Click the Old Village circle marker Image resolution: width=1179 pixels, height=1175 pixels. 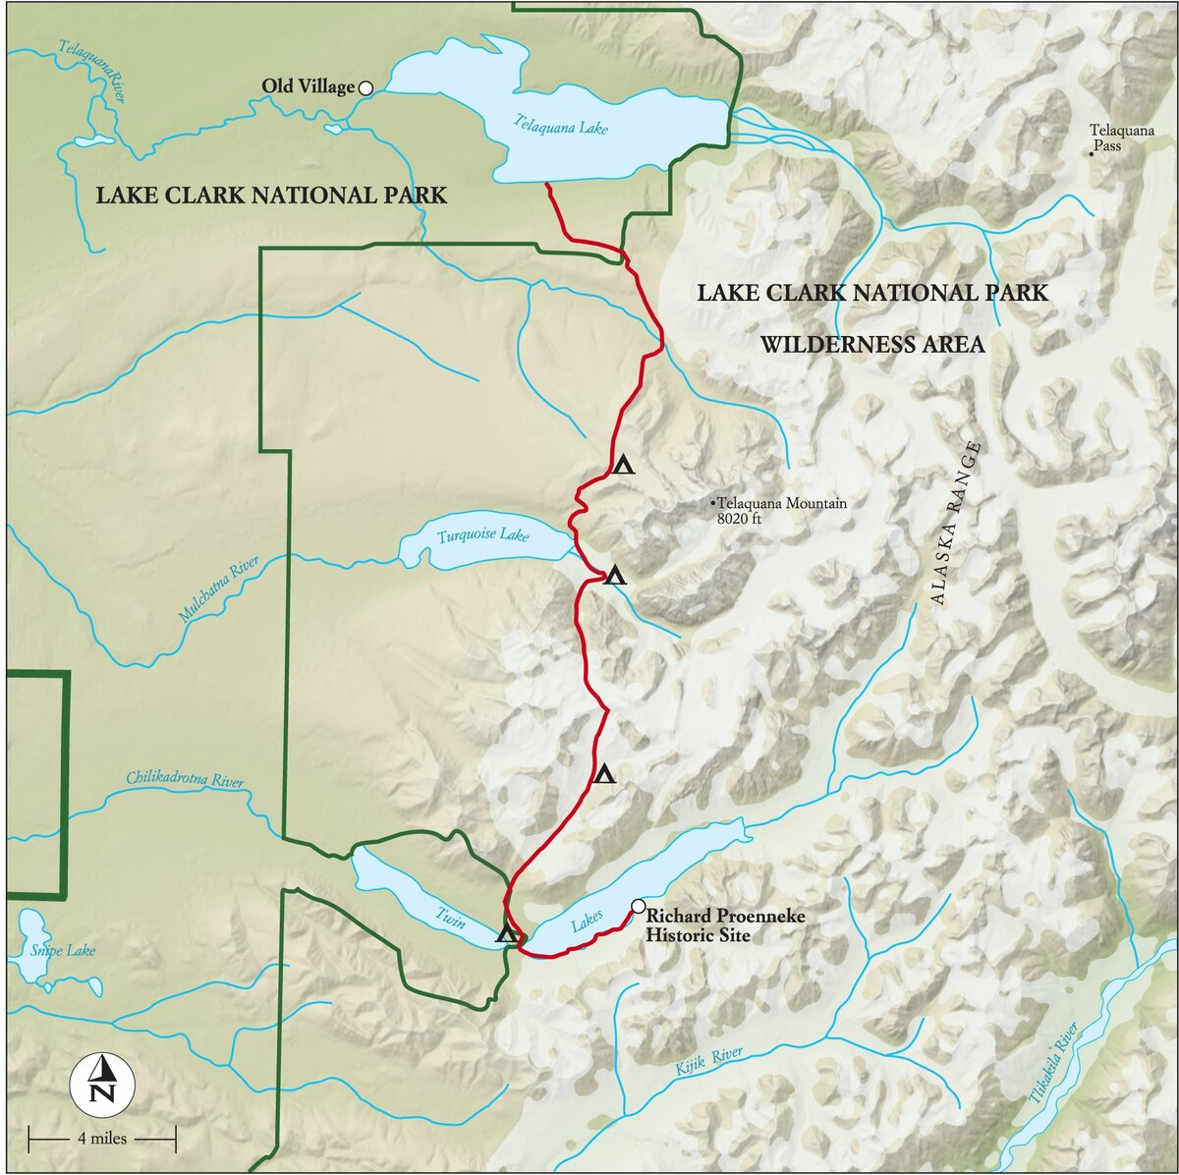pyautogui.click(x=365, y=88)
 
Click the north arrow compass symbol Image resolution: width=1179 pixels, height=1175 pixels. pyautogui.click(x=101, y=1084)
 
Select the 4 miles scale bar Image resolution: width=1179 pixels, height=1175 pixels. pyautogui.click(x=102, y=1140)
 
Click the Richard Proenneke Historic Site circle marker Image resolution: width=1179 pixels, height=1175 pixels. pyautogui.click(x=638, y=906)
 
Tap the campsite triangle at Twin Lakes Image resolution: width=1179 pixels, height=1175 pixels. pyautogui.click(x=507, y=934)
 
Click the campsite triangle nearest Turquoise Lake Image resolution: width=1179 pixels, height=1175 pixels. pyautogui.click(x=615, y=576)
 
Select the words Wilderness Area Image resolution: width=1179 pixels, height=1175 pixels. pyautogui.click(x=872, y=345)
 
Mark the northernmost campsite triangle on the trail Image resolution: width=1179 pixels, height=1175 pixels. pyautogui.click(x=623, y=466)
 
